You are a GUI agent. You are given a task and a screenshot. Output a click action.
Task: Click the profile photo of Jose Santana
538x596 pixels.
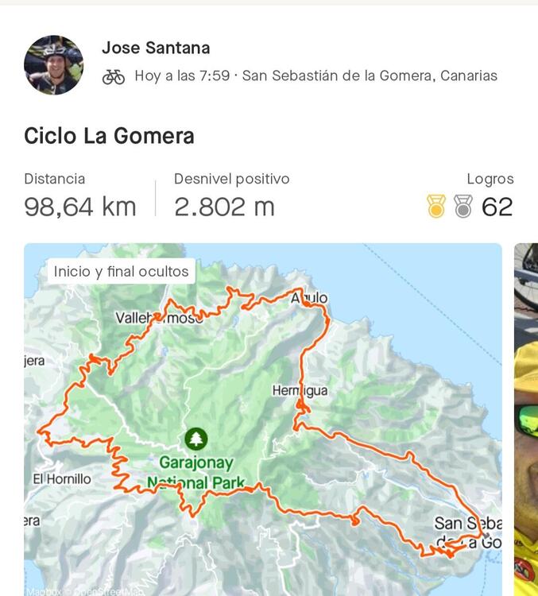(53, 64)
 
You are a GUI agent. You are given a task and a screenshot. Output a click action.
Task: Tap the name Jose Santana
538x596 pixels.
(156, 48)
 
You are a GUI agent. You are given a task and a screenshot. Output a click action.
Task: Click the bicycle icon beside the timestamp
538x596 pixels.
(114, 76)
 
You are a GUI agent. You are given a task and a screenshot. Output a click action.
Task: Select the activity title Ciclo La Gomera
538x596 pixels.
(109, 136)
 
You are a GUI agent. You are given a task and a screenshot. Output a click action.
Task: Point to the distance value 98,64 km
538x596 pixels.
(80, 207)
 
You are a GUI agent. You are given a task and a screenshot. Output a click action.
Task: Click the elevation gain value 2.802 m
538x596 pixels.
(224, 207)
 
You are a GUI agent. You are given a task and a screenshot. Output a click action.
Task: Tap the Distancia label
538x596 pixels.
(54, 179)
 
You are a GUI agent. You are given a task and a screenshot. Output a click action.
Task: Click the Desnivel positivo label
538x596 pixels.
(231, 179)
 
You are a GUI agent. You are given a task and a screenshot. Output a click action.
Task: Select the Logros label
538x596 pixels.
(490, 179)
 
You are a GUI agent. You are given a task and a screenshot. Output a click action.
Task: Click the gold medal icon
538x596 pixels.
(436, 207)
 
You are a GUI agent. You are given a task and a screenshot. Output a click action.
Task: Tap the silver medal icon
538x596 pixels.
(463, 207)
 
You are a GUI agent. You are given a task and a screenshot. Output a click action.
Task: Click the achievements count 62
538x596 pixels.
(497, 207)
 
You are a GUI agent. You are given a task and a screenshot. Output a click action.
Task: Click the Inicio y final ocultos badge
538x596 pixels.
(122, 272)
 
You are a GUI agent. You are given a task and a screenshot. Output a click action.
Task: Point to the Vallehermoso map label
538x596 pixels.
(159, 318)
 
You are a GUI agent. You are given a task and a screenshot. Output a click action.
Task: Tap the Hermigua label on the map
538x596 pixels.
(300, 391)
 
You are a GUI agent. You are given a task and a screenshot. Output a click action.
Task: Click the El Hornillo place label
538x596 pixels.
(62, 479)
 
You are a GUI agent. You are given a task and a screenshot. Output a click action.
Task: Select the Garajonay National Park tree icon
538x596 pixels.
(195, 438)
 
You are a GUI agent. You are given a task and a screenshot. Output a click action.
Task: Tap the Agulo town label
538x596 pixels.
(310, 299)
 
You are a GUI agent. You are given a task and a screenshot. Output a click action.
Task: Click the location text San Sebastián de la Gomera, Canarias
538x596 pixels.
(370, 76)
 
